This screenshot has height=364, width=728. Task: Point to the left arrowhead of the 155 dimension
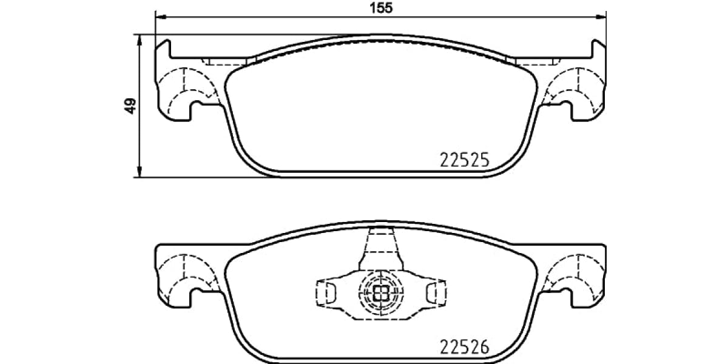[160, 16]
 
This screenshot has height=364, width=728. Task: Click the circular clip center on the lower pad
[381, 294]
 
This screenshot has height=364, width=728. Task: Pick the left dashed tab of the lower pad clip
[326, 293]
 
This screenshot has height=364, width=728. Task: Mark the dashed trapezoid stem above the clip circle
[381, 249]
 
